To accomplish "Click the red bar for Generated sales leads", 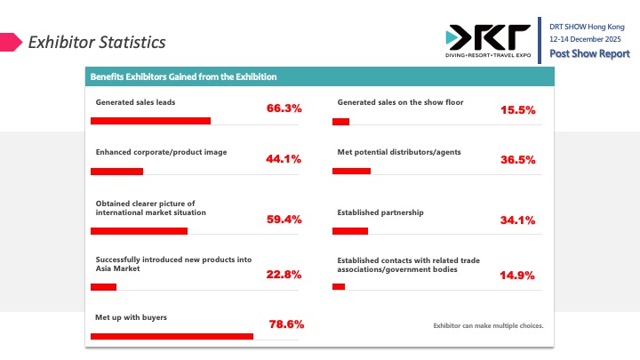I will coord(150,121).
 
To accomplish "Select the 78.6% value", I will coord(286,324).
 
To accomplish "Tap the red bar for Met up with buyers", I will coord(172,336).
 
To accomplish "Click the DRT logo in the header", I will coord(488,41).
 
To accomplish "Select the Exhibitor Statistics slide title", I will coord(96,42).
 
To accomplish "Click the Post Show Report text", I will coord(589,53).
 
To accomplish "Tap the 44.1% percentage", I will coord(284,159).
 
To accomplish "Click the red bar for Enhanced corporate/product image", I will coord(116,171).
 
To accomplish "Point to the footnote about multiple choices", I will coord(488,325).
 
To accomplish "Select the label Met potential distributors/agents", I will coord(399,152).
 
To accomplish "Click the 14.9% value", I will coord(516,276).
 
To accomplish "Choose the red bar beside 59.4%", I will coord(139,231).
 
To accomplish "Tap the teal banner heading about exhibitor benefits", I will coord(183,76).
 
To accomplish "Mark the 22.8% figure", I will coord(284,275).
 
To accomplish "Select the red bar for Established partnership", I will coord(349,231).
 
